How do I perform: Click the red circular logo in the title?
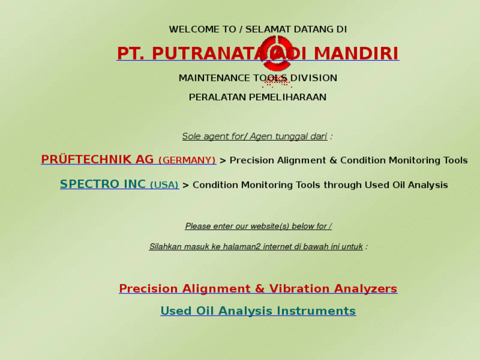tap(276, 53)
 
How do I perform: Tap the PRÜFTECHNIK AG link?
tap(97, 160)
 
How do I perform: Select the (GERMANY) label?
tap(187, 161)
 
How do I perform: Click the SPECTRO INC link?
tap(102, 184)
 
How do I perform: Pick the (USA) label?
tap(164, 185)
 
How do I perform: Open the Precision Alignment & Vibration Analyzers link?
tap(258, 289)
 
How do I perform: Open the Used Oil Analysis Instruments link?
tap(258, 311)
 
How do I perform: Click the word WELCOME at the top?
tap(193, 29)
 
